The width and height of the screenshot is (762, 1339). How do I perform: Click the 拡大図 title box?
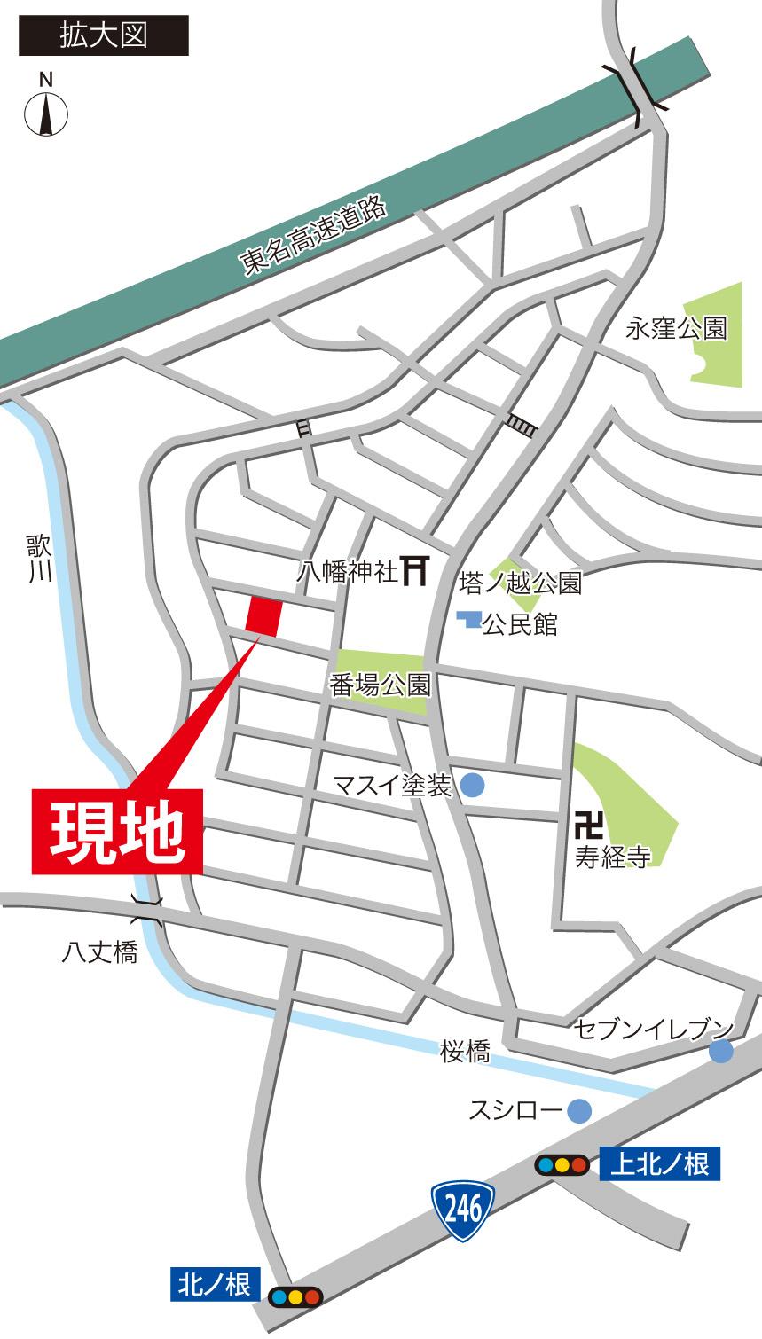point(104,35)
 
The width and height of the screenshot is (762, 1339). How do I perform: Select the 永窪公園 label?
point(677,329)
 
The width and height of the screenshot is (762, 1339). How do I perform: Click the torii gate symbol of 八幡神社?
point(415,570)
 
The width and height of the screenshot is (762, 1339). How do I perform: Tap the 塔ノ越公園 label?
point(521,583)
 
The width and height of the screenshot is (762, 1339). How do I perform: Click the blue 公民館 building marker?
point(468,620)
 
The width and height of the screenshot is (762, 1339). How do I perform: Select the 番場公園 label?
point(381,685)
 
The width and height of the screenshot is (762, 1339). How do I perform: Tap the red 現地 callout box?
point(117,831)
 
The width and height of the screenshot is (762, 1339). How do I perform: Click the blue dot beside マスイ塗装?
point(472,785)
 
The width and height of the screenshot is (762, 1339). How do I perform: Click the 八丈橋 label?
point(99,953)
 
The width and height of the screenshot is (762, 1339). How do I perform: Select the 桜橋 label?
point(466,1052)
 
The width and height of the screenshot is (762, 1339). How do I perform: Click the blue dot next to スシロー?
point(579,1110)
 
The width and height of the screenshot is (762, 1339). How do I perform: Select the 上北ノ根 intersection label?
point(660,1163)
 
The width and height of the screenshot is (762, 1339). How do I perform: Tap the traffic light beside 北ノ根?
point(295,1296)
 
